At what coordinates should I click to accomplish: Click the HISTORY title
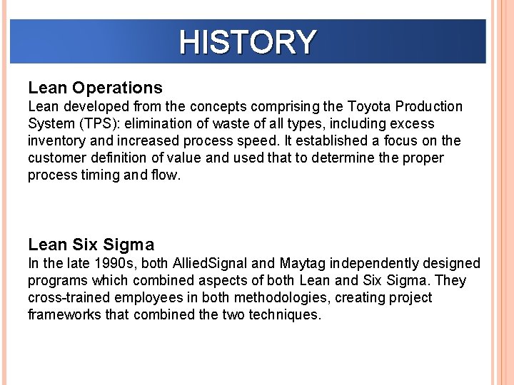click(x=247, y=42)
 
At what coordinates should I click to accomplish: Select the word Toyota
click(x=368, y=107)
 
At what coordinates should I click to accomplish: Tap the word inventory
click(x=56, y=141)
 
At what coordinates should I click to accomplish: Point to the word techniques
click(x=285, y=315)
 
